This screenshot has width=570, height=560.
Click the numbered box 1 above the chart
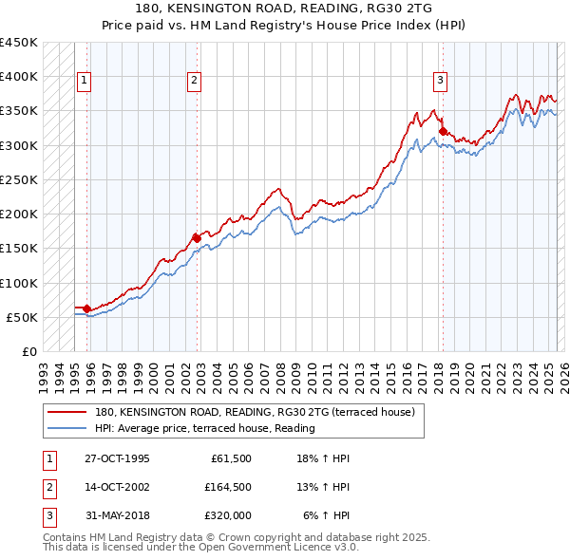pos(85,82)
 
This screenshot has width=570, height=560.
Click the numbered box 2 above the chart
pos(194,82)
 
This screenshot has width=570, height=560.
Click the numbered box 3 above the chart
pos(441,82)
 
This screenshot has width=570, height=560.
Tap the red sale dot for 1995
pos(86,308)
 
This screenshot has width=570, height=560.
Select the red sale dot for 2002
pos(197,237)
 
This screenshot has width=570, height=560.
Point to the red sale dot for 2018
pos(443,131)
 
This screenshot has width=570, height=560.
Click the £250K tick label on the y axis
pos(19,179)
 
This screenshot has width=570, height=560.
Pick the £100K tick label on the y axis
pos(19,283)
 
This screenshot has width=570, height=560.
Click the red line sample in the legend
pos(66,413)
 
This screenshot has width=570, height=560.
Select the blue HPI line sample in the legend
pos(66,428)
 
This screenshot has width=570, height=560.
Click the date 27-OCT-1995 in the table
pos(117,457)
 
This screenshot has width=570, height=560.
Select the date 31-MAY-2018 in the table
pos(117,515)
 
